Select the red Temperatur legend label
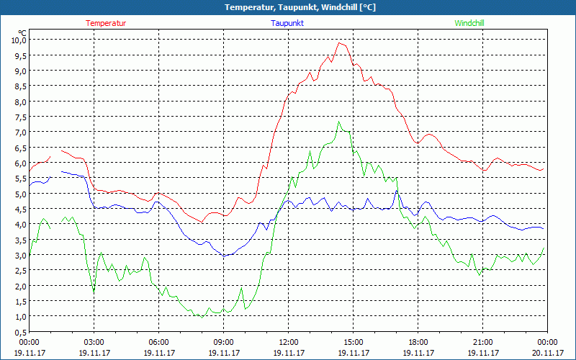click(x=106, y=23)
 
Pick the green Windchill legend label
click(x=469, y=23)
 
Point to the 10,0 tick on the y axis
click(x=18, y=40)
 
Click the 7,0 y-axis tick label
click(x=18, y=132)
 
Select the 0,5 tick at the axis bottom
click(x=18, y=332)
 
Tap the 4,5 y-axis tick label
click(x=18, y=209)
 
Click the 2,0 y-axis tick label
click(x=18, y=286)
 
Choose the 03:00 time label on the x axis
click(x=94, y=342)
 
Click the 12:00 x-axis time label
click(x=288, y=342)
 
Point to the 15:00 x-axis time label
click(x=353, y=342)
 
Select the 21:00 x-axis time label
click(x=482, y=342)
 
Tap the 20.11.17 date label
click(x=546, y=353)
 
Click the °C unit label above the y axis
click(x=22, y=32)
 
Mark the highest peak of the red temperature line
click(x=340, y=42)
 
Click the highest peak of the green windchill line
click(x=339, y=121)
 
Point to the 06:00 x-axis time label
click(x=158, y=342)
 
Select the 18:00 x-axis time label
click(x=418, y=342)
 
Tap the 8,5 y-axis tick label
click(x=18, y=86)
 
